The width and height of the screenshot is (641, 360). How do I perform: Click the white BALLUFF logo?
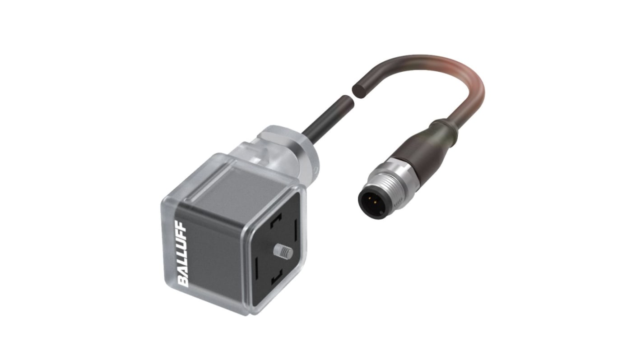pos(182,253)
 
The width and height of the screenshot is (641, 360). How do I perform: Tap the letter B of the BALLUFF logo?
pos(182,282)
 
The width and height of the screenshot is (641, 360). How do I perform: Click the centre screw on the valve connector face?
pos(283,252)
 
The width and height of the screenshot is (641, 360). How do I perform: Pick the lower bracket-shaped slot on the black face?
pos(276,277)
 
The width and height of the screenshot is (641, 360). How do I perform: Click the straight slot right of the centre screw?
pos(295,228)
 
